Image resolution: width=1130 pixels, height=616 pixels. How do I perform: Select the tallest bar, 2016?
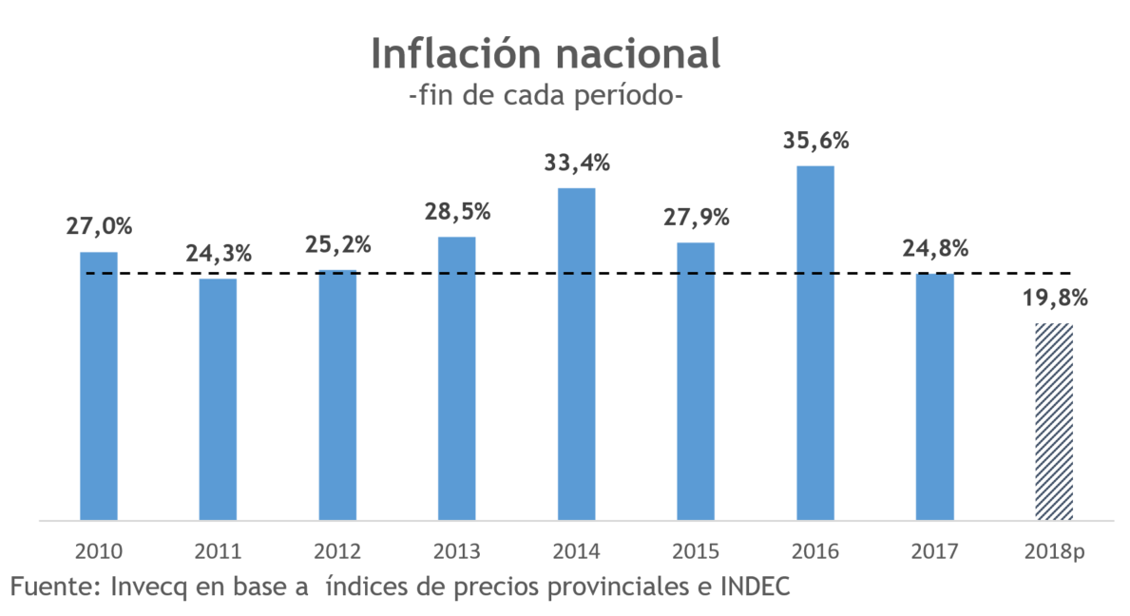pos(815,342)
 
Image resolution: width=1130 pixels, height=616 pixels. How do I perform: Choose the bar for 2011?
pos(218,399)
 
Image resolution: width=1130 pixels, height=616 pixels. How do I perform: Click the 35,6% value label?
pos(815,141)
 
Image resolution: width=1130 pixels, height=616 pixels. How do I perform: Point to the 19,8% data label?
pos(1054,298)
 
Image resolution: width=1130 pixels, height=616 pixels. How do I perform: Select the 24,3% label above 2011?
pos(218,254)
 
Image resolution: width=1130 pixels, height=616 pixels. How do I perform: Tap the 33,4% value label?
pos(576,163)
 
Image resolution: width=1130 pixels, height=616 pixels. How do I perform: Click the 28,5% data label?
pos(457,211)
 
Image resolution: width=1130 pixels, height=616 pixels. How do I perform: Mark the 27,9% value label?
pos(696,217)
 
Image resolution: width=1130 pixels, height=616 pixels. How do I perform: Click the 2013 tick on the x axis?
pos(457,551)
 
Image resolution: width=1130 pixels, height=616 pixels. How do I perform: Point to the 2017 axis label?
pos(934,551)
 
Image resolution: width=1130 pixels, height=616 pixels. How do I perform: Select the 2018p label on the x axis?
pos(1054,551)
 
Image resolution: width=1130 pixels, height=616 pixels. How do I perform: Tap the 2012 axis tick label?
pos(337,551)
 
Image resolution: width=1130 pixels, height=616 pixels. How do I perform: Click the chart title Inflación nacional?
pos(545,53)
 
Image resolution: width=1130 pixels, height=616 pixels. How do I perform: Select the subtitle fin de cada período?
pos(545,97)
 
